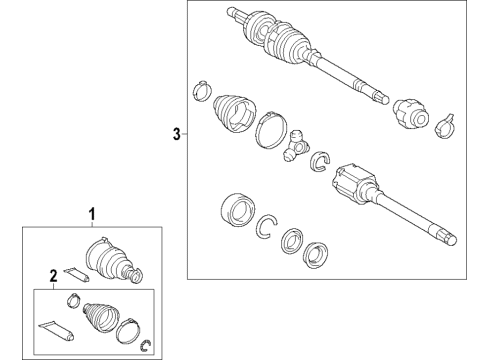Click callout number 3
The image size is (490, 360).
(177, 135)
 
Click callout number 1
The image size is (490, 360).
(95, 214)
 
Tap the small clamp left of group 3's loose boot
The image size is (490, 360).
(199, 87)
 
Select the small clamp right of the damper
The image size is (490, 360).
(446, 125)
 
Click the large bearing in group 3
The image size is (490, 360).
(236, 211)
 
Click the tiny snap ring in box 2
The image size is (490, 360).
(146, 346)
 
